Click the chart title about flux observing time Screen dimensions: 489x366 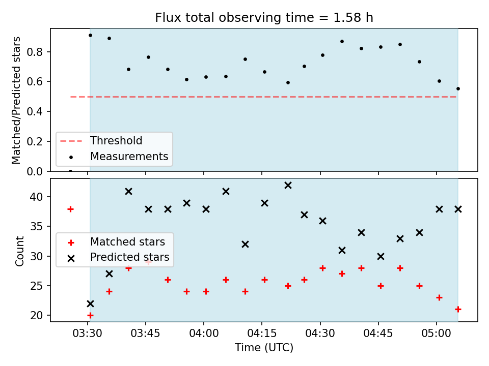[264, 18]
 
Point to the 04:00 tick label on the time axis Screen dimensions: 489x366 [204, 333]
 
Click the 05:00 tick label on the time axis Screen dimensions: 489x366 [437, 333]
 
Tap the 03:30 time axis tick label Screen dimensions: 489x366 [87, 333]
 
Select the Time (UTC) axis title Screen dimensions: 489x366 [264, 347]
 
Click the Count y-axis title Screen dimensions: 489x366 [19, 251]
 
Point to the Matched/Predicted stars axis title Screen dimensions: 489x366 [16, 100]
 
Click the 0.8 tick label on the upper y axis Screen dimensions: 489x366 [35, 52]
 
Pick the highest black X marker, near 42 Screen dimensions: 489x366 [288, 186]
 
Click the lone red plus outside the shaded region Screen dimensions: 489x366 [70, 209]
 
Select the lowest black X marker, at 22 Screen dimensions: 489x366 [90, 304]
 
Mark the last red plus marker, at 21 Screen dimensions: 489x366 [458, 310]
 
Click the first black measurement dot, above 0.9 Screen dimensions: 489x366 [91, 36]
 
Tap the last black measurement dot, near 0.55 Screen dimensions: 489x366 [458, 88]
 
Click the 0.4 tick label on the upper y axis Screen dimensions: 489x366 [35, 111]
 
